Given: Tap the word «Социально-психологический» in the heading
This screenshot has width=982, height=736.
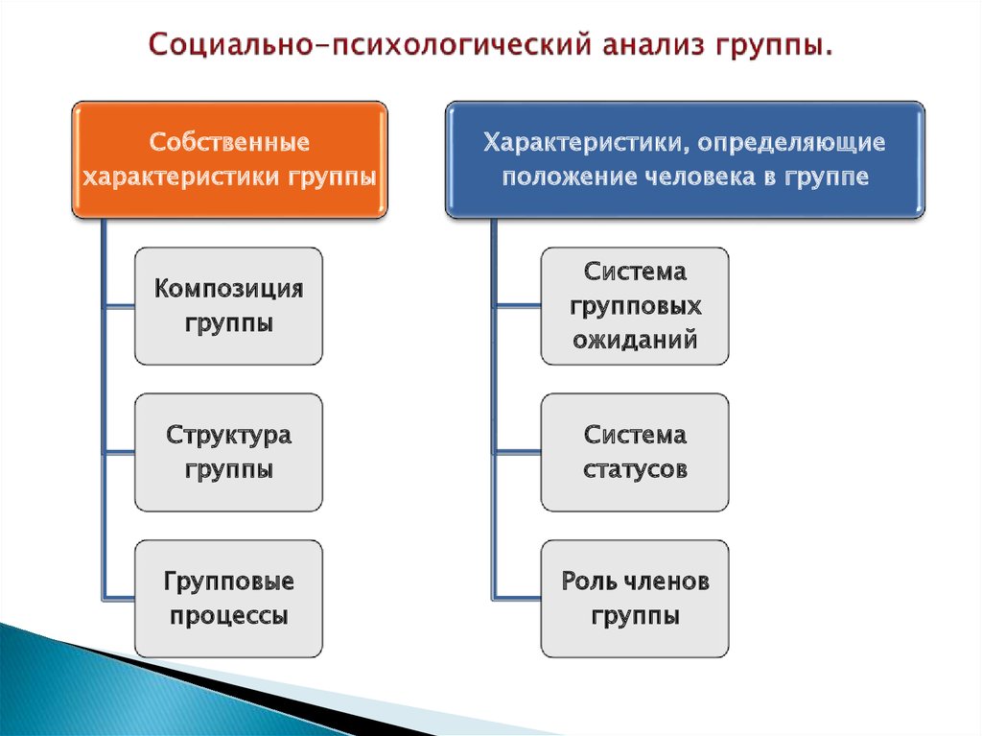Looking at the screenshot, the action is tap(369, 45).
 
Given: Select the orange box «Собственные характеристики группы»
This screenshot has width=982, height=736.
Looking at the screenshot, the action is tap(230, 160).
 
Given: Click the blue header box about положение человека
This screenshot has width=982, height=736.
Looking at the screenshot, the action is tap(685, 160).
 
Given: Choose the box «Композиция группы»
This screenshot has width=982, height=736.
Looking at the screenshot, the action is tap(228, 306).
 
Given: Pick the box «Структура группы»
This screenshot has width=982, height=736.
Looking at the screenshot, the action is tap(228, 452).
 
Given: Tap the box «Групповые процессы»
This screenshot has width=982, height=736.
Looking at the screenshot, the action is tap(228, 599).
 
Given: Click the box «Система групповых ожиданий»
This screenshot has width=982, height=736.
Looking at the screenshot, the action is tap(635, 306).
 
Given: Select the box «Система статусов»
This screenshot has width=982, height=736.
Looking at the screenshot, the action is tap(635, 452).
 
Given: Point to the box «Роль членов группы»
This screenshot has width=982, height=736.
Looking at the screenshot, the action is tap(635, 599).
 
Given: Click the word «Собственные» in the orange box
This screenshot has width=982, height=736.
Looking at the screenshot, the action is tap(229, 142).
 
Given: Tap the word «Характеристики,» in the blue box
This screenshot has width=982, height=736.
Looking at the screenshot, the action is tap(586, 143).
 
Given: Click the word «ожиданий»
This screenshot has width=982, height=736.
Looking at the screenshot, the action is tap(635, 341).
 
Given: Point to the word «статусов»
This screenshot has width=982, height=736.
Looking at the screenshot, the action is tap(635, 469).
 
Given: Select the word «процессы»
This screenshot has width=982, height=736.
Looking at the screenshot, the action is tap(228, 616).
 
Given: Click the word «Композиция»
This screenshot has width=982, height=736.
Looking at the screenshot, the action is tap(228, 289).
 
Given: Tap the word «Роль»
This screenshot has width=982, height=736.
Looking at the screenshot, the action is tap(588, 582).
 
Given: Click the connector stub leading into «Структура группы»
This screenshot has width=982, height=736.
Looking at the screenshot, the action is tap(119, 452).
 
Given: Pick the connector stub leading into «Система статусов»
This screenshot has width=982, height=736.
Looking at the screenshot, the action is tap(518, 452).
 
